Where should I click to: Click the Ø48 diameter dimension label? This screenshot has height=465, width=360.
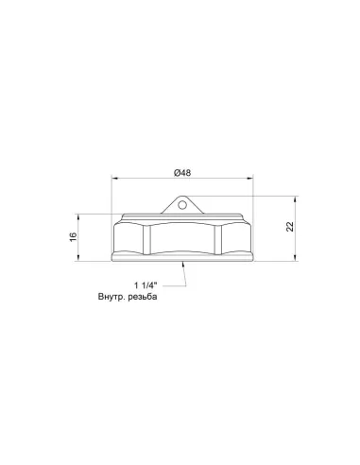click(182, 173)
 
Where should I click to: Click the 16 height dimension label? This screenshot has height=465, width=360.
click(73, 237)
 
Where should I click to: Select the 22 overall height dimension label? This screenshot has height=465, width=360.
click(289, 227)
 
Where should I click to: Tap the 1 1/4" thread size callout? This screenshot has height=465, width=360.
click(146, 285)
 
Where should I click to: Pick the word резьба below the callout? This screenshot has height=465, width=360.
click(143, 297)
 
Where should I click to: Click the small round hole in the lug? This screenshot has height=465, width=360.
click(182, 205)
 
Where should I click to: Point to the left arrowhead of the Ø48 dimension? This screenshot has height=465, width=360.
click(115, 179)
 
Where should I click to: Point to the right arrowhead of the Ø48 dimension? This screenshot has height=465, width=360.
click(249, 179)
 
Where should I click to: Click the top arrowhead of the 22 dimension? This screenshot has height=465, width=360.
click(295, 199)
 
